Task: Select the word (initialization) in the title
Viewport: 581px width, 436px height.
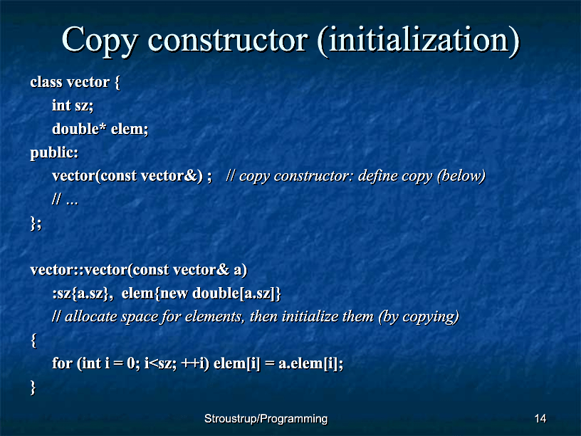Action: point(419,41)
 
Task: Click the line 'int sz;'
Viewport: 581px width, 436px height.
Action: point(73,105)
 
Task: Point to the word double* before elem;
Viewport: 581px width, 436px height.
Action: point(79,129)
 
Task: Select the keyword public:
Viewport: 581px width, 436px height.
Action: point(54,152)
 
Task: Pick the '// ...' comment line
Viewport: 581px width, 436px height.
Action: point(66,199)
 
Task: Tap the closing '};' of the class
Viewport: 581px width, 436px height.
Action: point(36,224)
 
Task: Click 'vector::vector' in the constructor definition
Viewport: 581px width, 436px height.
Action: point(78,269)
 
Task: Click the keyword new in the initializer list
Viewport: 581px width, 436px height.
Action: point(174,294)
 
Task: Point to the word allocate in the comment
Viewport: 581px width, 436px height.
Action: point(91,316)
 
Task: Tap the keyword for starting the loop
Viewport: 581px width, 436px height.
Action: point(62,363)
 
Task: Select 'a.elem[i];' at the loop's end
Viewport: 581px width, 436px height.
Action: point(311,363)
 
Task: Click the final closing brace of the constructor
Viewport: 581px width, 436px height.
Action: point(33,388)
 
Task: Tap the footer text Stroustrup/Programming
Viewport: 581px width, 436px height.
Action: point(266,419)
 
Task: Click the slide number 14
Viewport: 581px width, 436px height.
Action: point(540,419)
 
